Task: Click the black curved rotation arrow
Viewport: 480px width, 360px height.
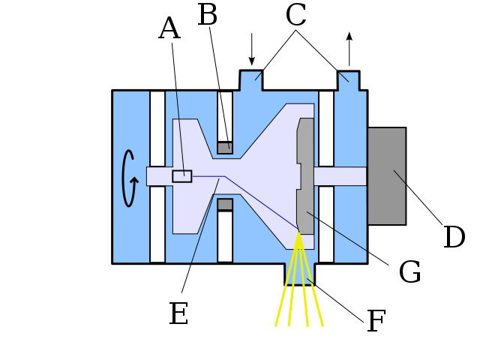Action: (x=128, y=178)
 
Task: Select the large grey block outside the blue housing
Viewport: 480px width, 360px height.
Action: (x=386, y=175)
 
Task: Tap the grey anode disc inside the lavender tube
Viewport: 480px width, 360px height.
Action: (x=305, y=175)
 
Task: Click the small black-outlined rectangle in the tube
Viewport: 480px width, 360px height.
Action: (x=181, y=176)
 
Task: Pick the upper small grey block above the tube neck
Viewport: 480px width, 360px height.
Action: (x=225, y=147)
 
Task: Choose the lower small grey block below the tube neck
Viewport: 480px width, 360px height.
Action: (x=225, y=205)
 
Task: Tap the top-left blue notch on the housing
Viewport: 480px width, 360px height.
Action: (x=250, y=81)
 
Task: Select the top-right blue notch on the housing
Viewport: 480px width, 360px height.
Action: (x=348, y=81)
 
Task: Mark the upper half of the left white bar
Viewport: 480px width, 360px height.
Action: (x=157, y=128)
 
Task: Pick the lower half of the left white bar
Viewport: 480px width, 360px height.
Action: (x=157, y=224)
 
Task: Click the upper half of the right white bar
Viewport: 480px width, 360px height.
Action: (x=326, y=128)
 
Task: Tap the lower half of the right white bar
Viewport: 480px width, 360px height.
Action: (x=326, y=224)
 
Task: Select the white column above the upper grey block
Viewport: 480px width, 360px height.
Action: (x=225, y=116)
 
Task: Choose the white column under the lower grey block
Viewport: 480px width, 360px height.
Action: (x=225, y=236)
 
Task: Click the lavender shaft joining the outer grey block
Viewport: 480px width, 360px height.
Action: (x=340, y=176)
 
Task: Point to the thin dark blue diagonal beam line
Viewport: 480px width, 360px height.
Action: (x=259, y=201)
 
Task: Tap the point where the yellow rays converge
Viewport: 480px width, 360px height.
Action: (x=298, y=234)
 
